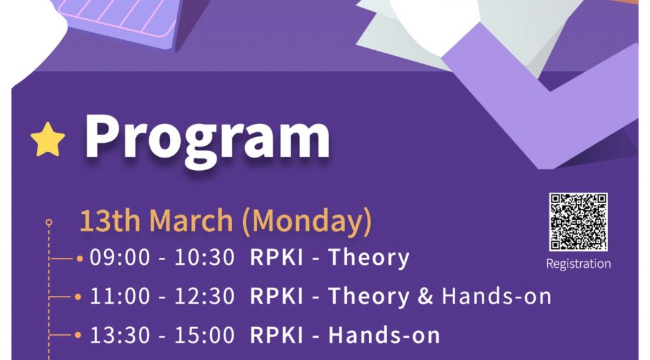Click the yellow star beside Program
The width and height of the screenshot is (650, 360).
point(48,140)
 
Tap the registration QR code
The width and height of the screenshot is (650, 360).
point(578,222)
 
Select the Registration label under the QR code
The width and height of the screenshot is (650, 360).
point(578,263)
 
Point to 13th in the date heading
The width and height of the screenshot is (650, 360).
point(110,220)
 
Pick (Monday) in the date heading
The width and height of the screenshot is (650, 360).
point(307,222)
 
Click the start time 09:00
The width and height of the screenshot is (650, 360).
point(120,257)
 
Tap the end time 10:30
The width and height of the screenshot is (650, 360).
point(204,257)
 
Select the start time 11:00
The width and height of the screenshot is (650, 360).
point(120,296)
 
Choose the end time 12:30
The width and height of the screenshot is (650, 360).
point(204,296)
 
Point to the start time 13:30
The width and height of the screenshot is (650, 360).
point(120,335)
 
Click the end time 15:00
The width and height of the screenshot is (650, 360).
point(204,335)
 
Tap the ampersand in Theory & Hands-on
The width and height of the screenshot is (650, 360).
point(425,296)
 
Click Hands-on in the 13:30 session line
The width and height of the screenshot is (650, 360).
point(384,335)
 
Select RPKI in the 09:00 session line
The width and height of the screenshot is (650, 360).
point(277,257)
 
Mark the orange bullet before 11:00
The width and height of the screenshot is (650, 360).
point(78,297)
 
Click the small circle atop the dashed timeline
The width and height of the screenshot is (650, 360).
point(49,223)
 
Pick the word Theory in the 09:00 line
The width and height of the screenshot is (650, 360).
point(369,258)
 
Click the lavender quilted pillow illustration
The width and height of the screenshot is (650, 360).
point(120,21)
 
